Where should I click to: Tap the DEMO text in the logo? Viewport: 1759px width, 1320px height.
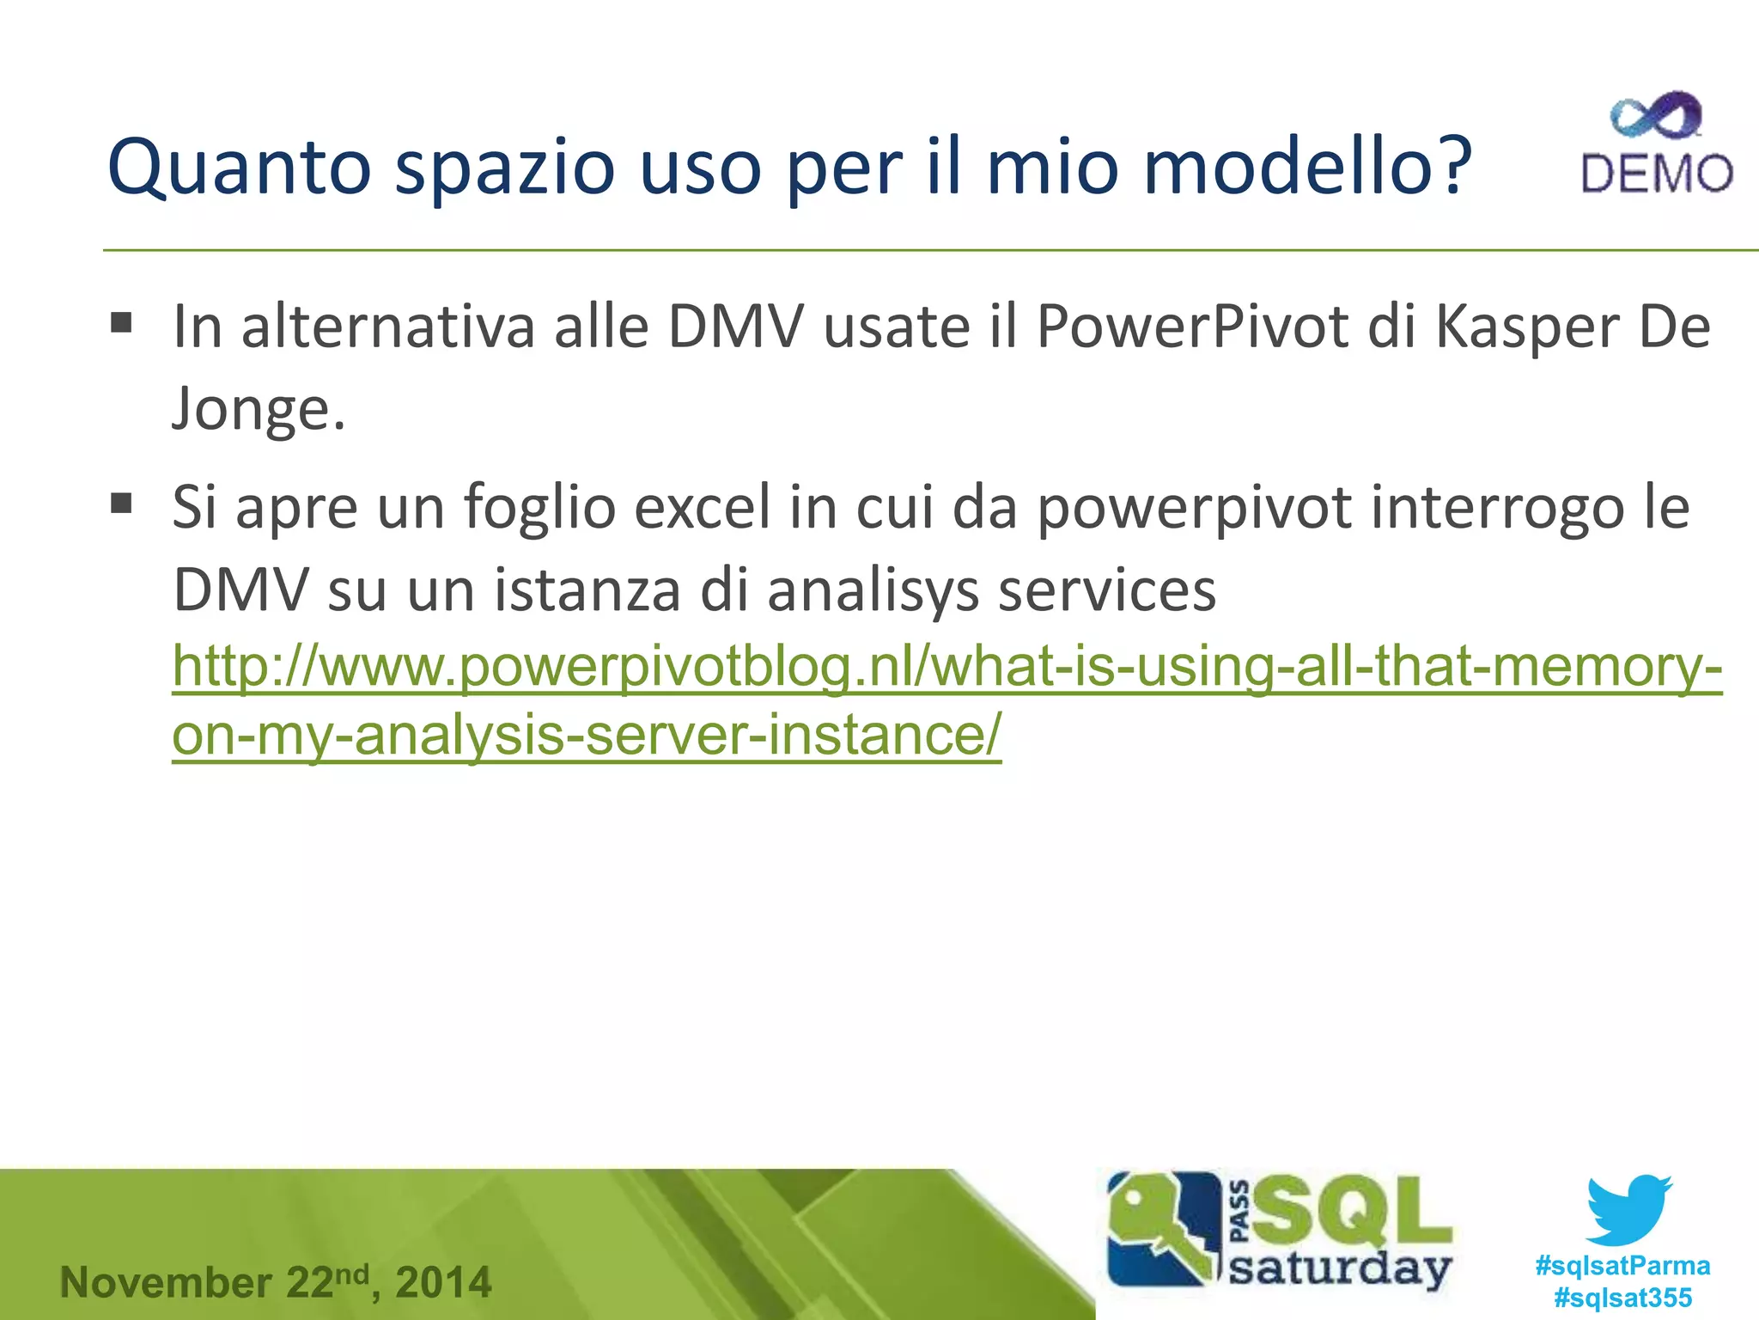pos(1657,174)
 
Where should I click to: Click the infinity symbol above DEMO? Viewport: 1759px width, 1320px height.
pos(1656,116)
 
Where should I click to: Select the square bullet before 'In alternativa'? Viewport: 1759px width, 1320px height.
pos(121,323)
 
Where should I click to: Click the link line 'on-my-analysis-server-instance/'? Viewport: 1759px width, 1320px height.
pos(587,736)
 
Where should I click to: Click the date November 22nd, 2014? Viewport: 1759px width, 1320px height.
pos(276,1282)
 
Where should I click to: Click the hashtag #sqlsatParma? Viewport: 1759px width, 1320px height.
pos(1622,1265)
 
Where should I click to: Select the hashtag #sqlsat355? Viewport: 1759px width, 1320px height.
pos(1622,1297)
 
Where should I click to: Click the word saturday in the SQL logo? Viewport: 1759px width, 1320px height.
pos(1340,1268)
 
